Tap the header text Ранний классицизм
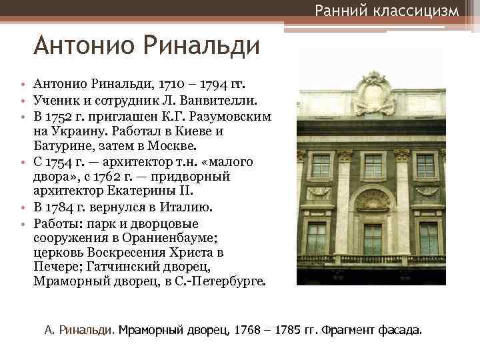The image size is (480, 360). coord(387,11)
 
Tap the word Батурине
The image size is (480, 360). coord(62,146)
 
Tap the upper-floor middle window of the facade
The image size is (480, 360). coord(373,165)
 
